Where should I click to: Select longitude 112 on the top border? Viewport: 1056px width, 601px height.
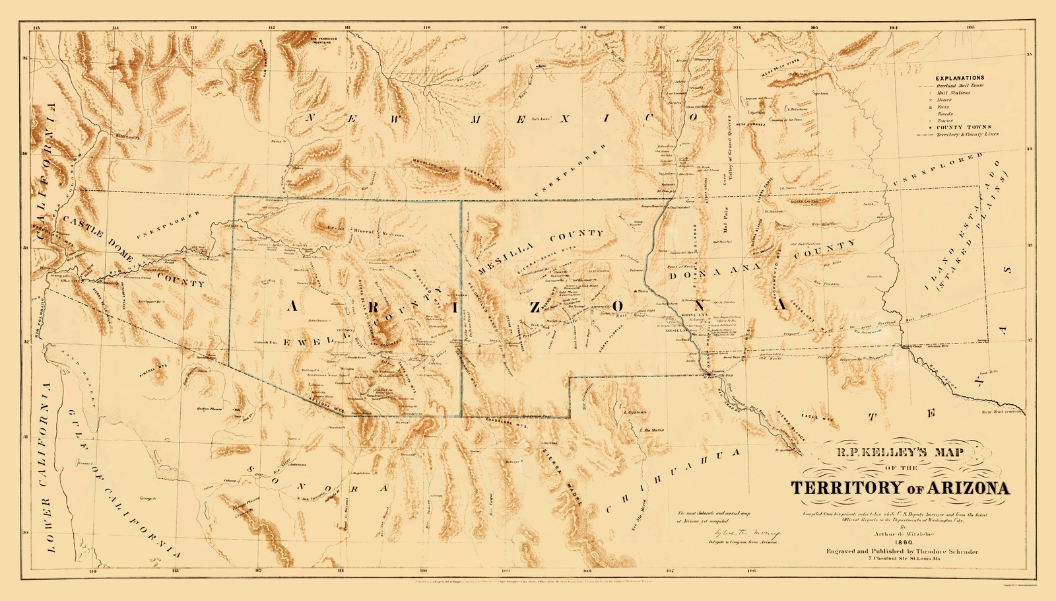click(x=272, y=28)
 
